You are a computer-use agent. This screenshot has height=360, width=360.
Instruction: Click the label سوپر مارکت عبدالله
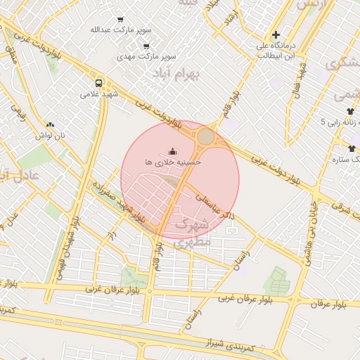pyautogui.click(x=120, y=30)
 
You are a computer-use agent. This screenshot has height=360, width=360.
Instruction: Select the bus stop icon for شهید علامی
pyautogui.click(x=99, y=82)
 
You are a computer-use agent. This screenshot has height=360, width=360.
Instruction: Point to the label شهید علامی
pyautogui.click(x=99, y=93)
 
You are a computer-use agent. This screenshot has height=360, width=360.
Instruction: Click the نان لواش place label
pyautogui.click(x=51, y=135)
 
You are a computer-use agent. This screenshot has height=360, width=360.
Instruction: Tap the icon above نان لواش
pyautogui.click(x=51, y=124)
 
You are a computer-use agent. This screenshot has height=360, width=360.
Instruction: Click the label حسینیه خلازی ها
pyautogui.click(x=173, y=162)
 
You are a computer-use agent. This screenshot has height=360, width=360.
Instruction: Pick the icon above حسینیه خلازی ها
pyautogui.click(x=173, y=151)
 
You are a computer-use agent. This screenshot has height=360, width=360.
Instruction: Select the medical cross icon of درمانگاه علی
pyautogui.click(x=276, y=34)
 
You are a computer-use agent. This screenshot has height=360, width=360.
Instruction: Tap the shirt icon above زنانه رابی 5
pyautogui.click(x=350, y=111)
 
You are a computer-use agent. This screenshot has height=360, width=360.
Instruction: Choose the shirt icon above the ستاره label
pyautogui.click(x=352, y=148)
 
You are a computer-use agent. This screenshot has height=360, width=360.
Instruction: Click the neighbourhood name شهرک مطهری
pyautogui.click(x=195, y=233)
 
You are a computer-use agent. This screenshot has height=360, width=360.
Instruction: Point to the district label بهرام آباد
pyautogui.click(x=176, y=72)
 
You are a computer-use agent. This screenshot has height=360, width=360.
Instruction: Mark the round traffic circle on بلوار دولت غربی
pyautogui.click(x=206, y=136)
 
